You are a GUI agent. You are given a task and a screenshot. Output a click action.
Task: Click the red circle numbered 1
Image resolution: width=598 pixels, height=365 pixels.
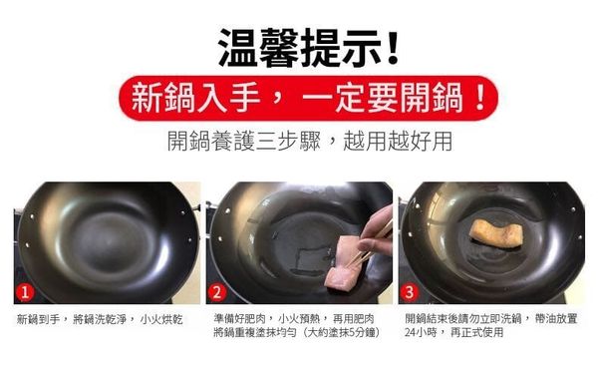25,292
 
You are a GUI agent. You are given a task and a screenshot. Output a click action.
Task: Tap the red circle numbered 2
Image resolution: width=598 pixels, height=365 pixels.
217,292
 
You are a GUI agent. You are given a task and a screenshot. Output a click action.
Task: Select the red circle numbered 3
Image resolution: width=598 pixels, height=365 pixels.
410,292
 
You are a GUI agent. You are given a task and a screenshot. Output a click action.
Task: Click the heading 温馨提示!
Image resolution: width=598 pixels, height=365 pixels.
308,47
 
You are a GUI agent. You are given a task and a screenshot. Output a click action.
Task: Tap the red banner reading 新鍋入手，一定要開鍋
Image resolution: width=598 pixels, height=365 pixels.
308,98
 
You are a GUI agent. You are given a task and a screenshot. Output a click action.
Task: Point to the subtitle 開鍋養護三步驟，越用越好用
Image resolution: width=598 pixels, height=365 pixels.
310,141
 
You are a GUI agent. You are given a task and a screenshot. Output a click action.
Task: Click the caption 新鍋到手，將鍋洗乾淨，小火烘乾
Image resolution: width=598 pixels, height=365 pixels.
100,319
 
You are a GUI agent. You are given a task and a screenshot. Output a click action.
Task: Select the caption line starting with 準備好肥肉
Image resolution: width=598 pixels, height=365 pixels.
294,318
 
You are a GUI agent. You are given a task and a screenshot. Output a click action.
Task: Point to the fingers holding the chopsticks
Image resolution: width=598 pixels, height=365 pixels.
376,233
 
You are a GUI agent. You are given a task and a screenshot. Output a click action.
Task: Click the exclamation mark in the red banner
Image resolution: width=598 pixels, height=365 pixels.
480,98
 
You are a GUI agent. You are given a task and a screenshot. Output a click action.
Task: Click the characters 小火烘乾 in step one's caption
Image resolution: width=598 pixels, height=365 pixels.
161,319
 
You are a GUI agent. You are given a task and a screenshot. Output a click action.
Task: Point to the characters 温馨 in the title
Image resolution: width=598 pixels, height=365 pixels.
258,48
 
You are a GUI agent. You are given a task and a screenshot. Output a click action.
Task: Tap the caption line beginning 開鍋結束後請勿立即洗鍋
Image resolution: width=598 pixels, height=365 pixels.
490,318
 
